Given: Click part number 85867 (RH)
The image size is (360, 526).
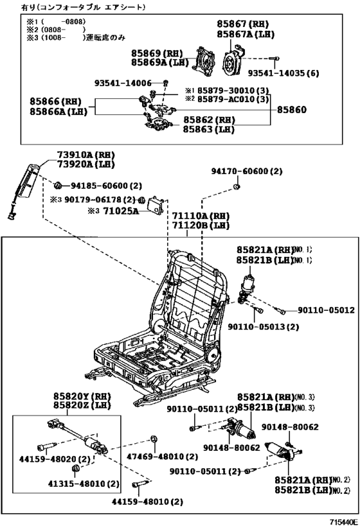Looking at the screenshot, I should (242, 24).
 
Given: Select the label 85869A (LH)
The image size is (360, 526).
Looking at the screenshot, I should (157, 62).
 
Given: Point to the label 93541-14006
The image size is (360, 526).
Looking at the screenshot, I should (123, 83).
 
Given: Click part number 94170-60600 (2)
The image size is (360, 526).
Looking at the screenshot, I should (247, 171).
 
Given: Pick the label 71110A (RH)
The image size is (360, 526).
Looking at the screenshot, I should (200, 216).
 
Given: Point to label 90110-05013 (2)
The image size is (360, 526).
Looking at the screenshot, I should (264, 326).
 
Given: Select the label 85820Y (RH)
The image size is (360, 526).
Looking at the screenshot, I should (70, 397).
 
